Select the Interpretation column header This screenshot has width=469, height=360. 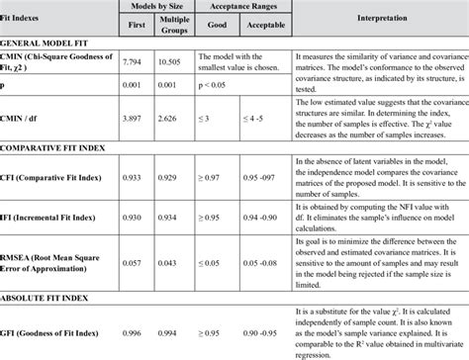pyautogui.click(x=378, y=18)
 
